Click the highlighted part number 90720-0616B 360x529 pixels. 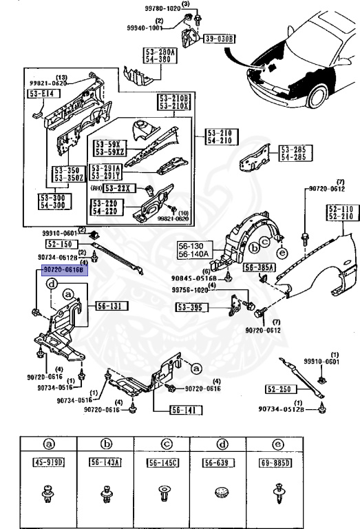(63, 271)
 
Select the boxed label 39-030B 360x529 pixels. (220, 39)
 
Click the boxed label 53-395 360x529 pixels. (190, 307)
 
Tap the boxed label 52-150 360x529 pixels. (61, 244)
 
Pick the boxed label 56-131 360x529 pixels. (107, 305)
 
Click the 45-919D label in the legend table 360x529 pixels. (48, 461)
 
